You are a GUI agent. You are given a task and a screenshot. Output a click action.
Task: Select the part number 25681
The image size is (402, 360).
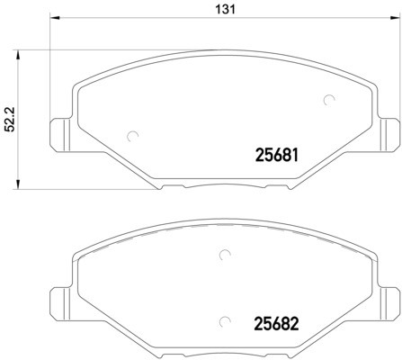pyautogui.click(x=272, y=156)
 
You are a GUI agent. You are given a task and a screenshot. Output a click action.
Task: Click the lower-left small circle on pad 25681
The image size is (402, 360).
pyautogui.click(x=133, y=137)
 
